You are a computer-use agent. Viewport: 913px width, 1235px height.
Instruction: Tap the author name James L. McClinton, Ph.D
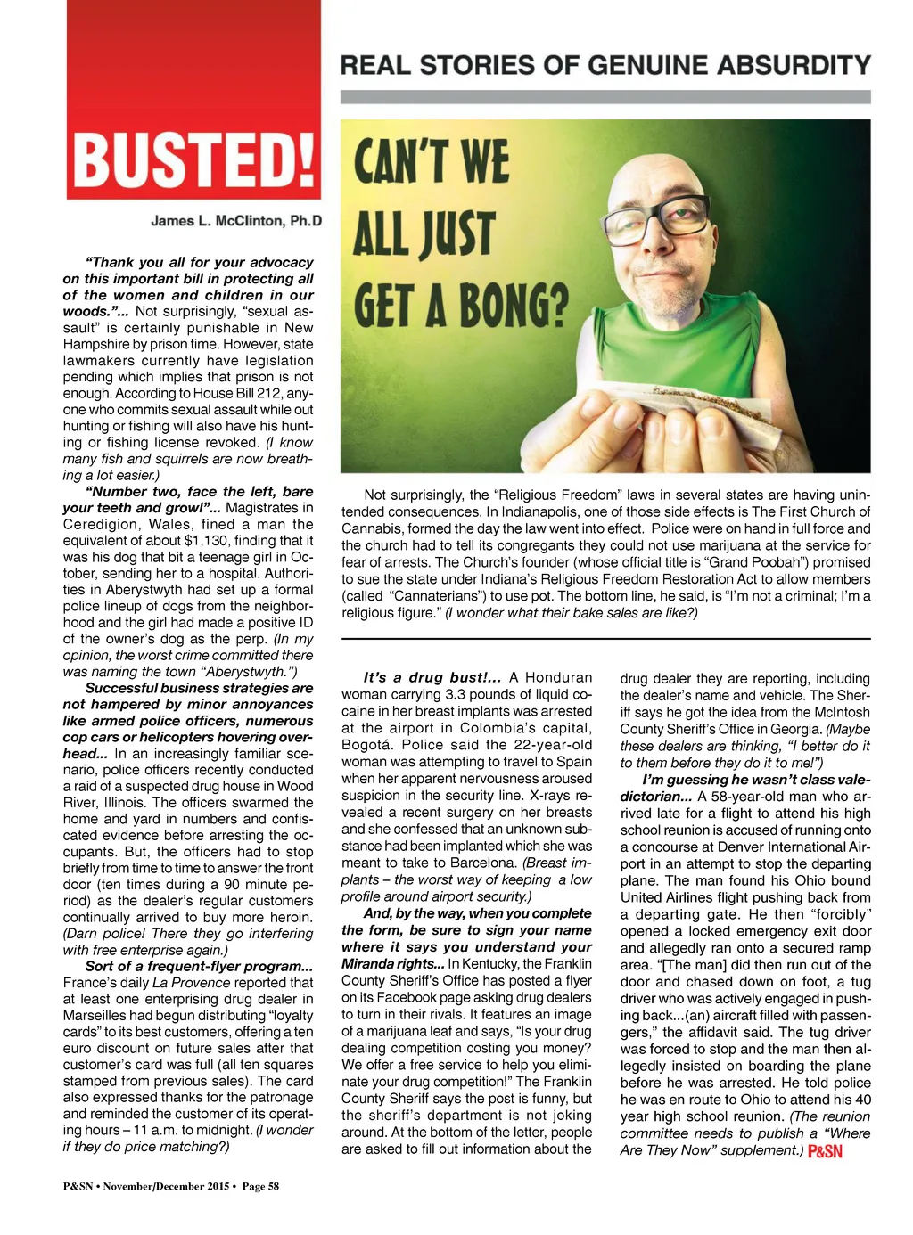pos(236,220)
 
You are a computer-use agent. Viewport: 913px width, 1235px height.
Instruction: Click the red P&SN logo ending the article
pos(825,1151)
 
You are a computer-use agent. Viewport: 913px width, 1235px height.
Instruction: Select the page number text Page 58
pos(261,1186)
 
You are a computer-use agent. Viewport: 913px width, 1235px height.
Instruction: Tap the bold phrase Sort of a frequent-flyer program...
pos(199,966)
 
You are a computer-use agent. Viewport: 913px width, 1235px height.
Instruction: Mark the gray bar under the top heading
pos(605,96)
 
